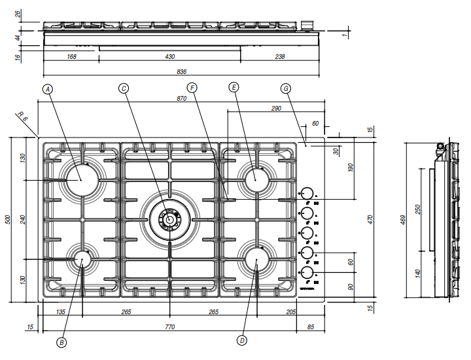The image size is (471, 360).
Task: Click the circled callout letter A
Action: coord(48,88)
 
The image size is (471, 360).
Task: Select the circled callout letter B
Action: coord(62,341)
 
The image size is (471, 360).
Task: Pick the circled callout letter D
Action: coord(241,340)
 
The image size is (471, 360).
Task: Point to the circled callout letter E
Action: coord(234,86)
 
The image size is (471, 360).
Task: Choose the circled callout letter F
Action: coord(192,87)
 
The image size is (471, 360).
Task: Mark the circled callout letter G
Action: coord(285,88)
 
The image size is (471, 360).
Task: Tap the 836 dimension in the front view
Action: coord(182,71)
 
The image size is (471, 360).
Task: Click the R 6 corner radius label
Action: coord(22,118)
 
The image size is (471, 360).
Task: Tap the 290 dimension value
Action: coord(275,108)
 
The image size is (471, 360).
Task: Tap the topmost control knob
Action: coord(305,193)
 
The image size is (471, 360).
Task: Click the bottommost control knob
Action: coord(305,272)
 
